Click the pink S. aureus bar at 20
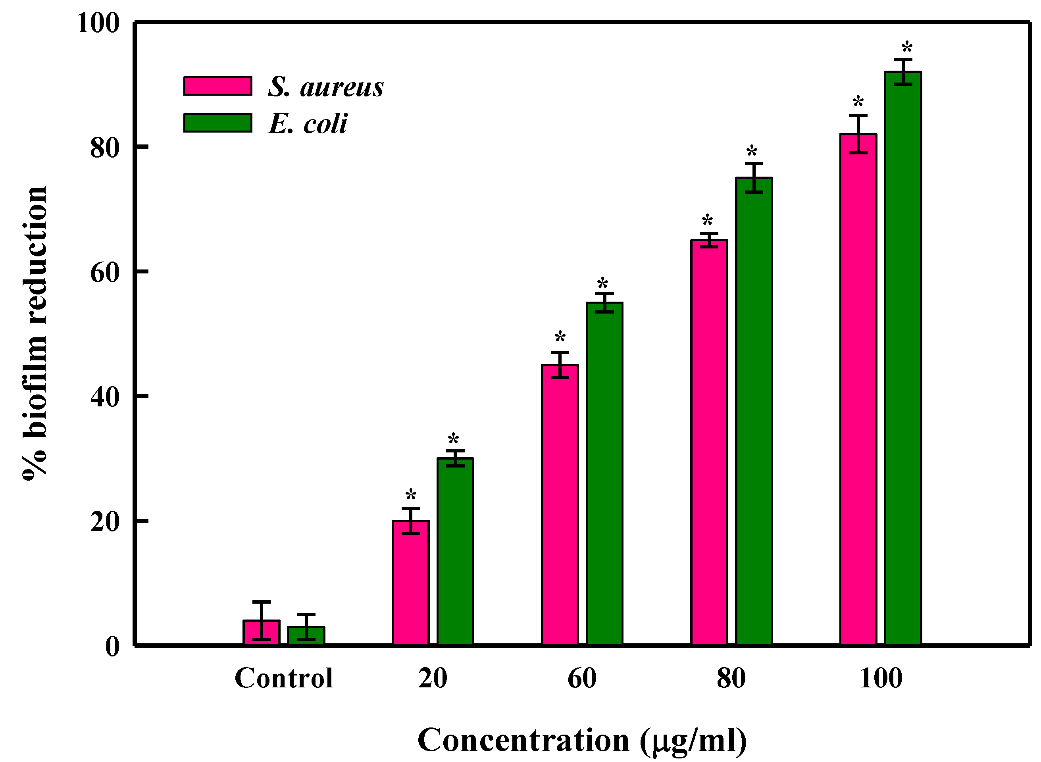[x=410, y=583]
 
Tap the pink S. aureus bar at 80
[x=708, y=443]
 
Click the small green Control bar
[x=306, y=636]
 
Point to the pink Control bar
[x=261, y=633]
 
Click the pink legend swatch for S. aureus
[x=218, y=86]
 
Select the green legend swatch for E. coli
[x=218, y=123]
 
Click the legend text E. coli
[x=308, y=123]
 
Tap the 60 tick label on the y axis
[x=105, y=272]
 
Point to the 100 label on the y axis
[x=98, y=23]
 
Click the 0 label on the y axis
[x=112, y=647]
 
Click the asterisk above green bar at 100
[x=907, y=48]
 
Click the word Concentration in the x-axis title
[x=523, y=741]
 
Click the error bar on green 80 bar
[x=754, y=177]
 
